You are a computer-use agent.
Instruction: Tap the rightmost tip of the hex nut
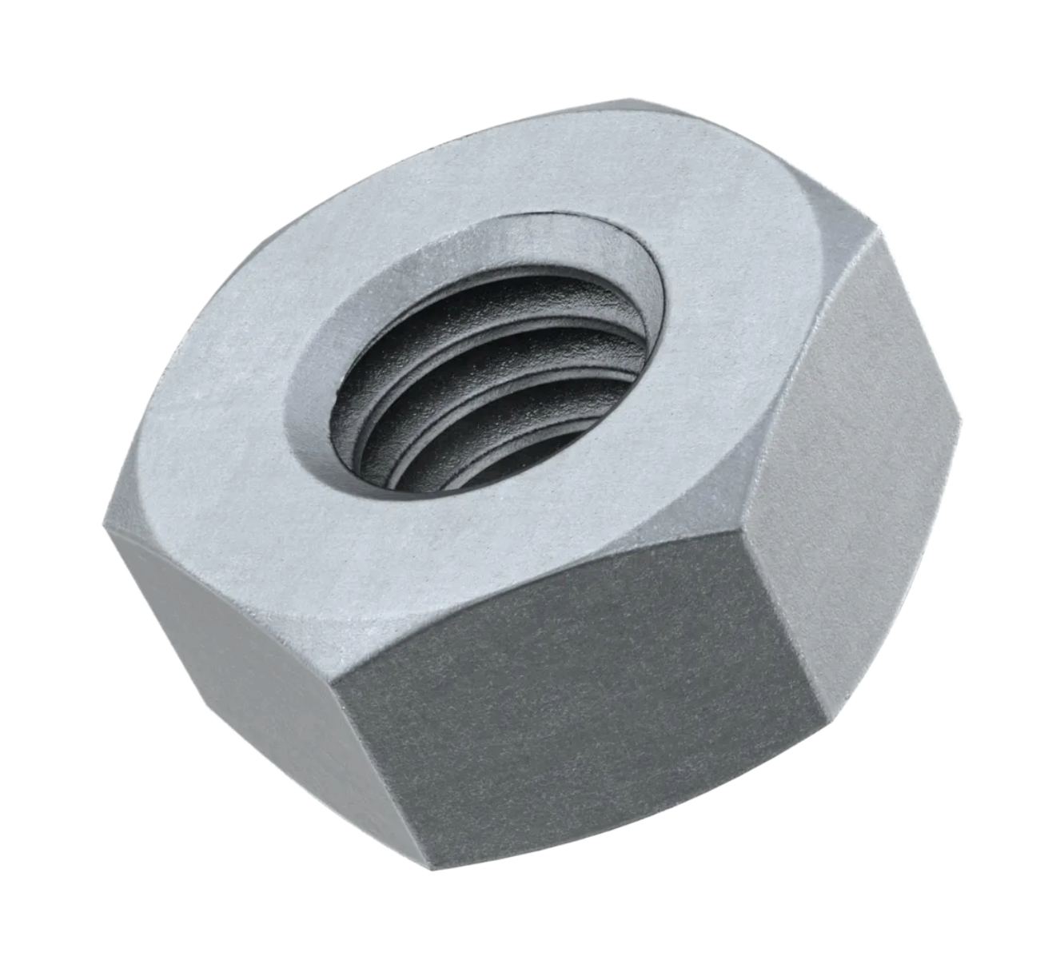pos(960,408)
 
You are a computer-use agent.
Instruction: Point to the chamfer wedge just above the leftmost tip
pos(128,488)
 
